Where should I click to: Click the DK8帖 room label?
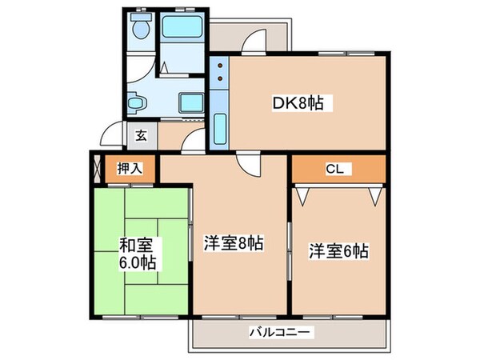coord(305,103)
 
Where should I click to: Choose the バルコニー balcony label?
coord(280,331)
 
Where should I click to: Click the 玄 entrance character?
coord(141,135)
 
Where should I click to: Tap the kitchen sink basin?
coord(220,126)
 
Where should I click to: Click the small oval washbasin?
coord(136,102)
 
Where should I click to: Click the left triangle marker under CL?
coord(302,194)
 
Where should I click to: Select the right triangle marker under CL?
coord(374,194)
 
